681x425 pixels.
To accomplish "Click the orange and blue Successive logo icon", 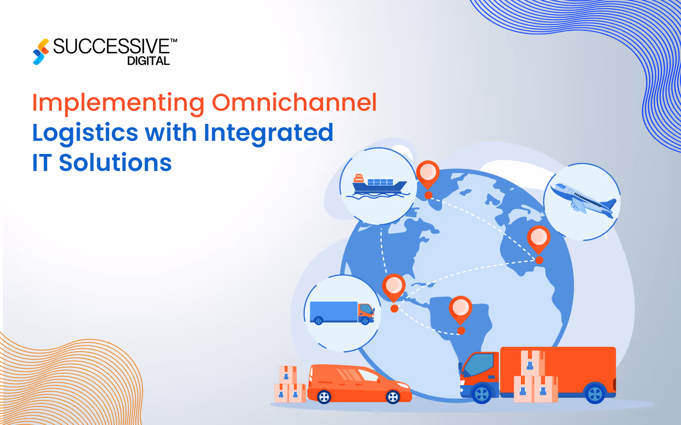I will (x=41, y=51).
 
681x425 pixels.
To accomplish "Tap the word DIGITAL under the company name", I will (x=148, y=61).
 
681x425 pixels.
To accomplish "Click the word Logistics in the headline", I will (x=85, y=133).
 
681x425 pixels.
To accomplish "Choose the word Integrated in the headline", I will (x=269, y=133).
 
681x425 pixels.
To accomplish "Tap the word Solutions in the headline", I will (x=115, y=162).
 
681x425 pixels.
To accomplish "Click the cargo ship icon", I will (x=379, y=185).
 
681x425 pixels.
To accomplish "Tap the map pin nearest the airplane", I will (x=538, y=239).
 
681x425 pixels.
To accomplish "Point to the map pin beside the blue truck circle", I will (x=394, y=288).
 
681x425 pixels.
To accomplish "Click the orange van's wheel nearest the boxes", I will (x=324, y=397).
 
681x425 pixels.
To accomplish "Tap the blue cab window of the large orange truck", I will (x=479, y=365).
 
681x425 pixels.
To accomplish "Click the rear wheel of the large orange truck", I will (x=595, y=393).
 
